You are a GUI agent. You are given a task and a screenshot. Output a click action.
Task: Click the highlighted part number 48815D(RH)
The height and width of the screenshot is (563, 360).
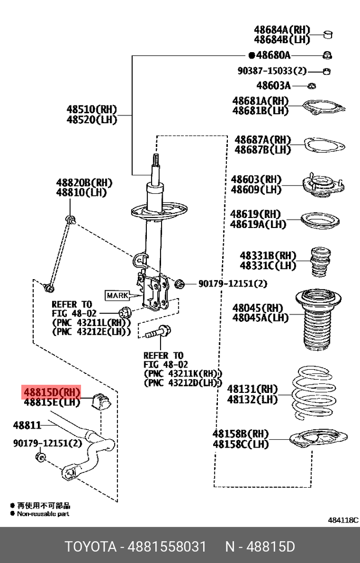51,392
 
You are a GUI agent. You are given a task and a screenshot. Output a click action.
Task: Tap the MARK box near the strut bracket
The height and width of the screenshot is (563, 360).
117,295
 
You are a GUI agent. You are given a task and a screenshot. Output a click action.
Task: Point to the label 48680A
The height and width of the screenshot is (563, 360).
273,55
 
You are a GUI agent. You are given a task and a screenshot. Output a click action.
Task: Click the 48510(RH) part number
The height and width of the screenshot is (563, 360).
91,110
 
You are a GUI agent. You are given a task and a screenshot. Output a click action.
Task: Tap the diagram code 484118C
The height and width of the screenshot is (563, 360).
343,520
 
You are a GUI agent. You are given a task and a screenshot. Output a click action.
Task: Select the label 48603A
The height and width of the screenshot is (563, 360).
273,85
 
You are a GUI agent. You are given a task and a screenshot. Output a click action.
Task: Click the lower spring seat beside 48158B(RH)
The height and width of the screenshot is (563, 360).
318,440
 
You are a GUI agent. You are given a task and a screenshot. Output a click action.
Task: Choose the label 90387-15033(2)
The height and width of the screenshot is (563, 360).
272,71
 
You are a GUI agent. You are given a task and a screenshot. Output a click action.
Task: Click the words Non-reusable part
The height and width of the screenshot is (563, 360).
43,513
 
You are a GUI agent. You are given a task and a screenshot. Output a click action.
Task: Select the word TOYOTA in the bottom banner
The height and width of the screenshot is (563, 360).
90,546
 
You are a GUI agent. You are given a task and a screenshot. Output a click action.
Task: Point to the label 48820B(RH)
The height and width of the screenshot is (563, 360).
84,183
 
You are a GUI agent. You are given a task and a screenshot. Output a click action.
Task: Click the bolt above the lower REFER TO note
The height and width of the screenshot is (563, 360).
156,333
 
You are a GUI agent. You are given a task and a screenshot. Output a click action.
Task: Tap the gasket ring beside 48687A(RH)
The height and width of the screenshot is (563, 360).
323,145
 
